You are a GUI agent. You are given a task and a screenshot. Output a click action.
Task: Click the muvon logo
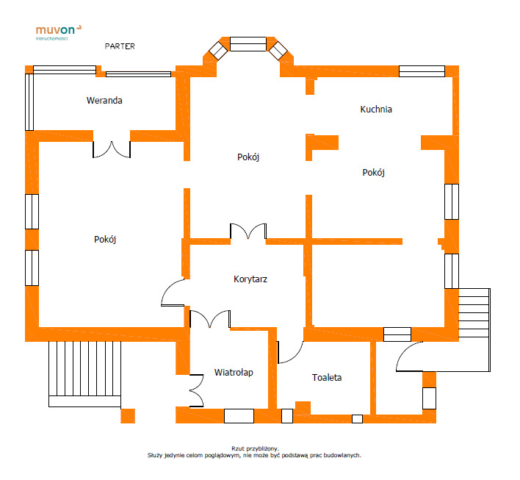59,32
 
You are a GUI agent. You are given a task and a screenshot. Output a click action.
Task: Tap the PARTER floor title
120,46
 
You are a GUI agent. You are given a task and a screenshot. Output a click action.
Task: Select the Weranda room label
104,100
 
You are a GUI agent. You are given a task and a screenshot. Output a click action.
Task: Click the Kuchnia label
376,110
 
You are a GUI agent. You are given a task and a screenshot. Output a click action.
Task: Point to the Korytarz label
250,279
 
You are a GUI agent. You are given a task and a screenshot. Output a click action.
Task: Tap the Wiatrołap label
234,373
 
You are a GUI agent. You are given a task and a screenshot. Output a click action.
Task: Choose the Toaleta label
327,377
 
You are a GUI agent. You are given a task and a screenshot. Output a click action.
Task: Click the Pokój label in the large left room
105,240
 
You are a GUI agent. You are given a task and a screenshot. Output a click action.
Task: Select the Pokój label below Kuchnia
373,172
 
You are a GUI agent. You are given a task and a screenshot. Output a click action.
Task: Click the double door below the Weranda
112,150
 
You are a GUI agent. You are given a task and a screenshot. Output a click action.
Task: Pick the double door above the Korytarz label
248,232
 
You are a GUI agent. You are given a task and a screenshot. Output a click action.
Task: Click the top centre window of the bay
248,44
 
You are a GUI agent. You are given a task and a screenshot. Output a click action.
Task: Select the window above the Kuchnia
422,71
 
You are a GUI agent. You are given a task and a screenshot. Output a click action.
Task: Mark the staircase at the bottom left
85,374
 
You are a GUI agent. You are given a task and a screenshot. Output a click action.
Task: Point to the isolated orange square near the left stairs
128,416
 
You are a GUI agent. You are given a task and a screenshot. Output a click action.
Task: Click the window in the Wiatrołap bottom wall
239,416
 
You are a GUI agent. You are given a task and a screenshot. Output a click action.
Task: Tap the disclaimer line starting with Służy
254,456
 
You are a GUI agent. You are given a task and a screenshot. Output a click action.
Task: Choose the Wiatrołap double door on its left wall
196,391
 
